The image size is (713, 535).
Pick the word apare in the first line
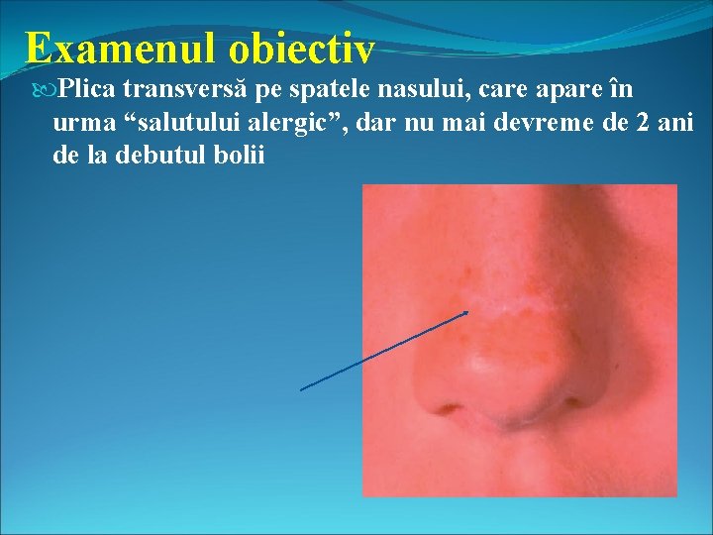(x=557, y=91)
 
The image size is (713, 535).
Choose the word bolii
(x=241, y=158)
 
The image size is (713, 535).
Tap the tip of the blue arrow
(x=468, y=311)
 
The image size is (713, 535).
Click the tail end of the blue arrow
(x=301, y=389)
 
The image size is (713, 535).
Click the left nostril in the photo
(x=451, y=407)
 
